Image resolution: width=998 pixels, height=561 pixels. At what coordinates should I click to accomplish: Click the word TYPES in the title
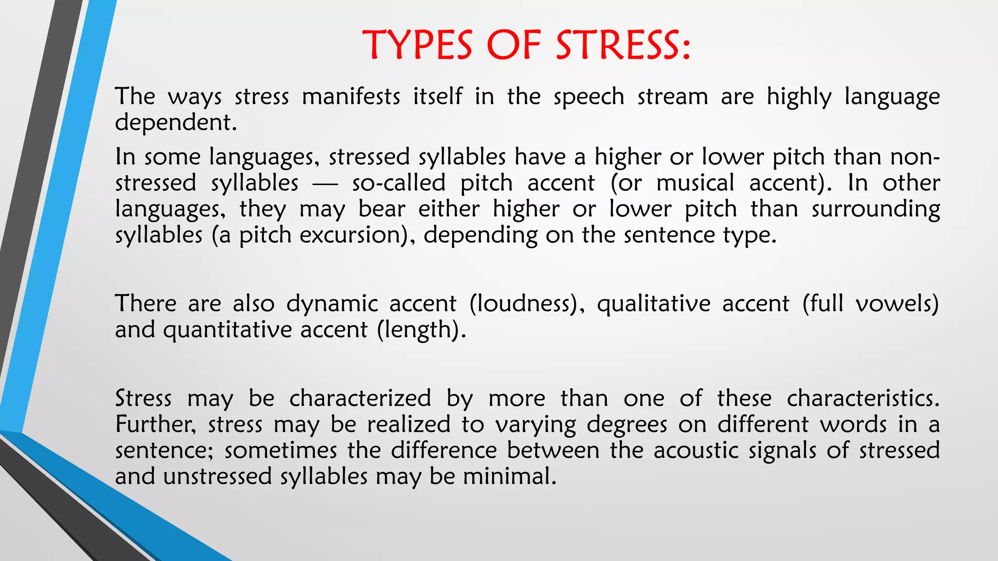tap(418, 45)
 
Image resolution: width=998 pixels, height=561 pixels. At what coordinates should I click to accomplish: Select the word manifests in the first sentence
tap(351, 96)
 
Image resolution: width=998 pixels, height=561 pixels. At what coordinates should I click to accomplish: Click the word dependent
tap(175, 122)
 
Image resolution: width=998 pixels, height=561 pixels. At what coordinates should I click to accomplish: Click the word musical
tap(695, 183)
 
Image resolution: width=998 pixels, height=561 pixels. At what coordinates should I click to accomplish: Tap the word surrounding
tap(876, 209)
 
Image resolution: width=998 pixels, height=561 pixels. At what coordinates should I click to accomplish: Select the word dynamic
tap(332, 304)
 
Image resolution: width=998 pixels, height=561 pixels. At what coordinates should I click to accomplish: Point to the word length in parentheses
tap(419, 330)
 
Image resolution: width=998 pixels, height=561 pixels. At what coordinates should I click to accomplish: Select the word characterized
tap(360, 398)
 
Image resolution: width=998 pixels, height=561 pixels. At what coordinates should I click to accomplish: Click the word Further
tap(154, 424)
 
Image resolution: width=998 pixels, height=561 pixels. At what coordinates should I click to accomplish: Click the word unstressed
tap(217, 476)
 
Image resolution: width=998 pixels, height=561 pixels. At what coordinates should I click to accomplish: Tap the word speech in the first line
tap(589, 97)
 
